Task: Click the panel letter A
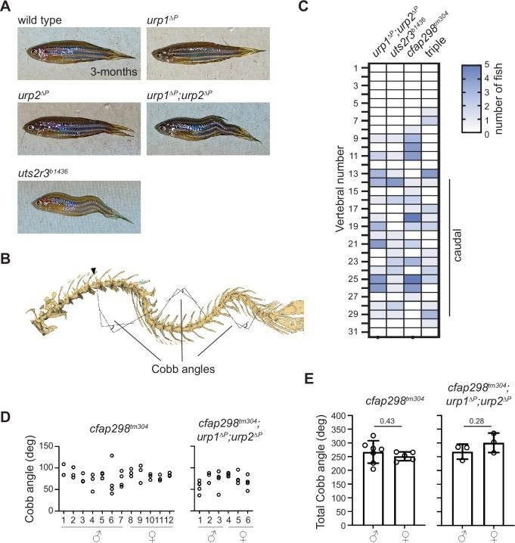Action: coord(7,7)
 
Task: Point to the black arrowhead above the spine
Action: coord(94,269)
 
